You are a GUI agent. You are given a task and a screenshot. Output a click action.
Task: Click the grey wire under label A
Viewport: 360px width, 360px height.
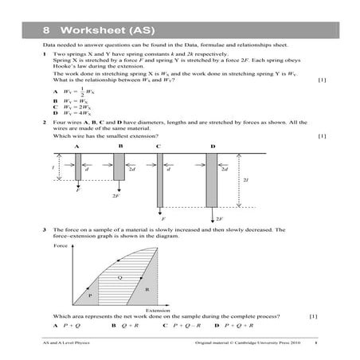78,170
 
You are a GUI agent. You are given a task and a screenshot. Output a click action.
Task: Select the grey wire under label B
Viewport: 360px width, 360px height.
119,166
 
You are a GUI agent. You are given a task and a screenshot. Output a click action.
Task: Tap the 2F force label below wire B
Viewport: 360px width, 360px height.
116,195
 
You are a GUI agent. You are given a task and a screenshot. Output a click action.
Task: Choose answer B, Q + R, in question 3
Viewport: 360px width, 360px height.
124,326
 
